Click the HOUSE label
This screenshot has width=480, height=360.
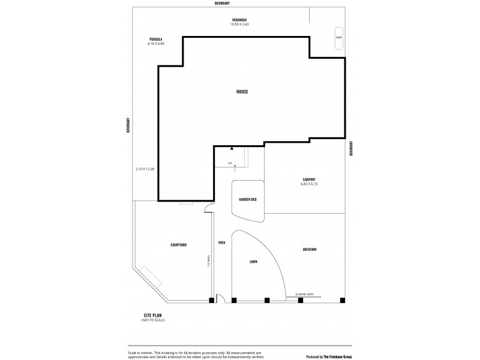click(242, 92)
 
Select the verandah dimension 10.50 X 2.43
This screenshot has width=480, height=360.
click(239, 25)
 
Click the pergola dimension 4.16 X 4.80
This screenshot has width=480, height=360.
click(156, 44)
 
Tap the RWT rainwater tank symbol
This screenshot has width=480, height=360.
click(339, 37)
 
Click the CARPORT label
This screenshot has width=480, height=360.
click(309, 179)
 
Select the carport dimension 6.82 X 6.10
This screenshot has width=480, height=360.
click(309, 184)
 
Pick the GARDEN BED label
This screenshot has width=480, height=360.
click(248, 199)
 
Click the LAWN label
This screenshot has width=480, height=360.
click(253, 262)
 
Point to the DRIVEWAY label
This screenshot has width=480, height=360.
click(310, 249)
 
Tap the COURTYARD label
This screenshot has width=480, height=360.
click(179, 245)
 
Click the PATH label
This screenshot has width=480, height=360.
click(221, 243)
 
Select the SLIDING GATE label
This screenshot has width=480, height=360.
click(304, 294)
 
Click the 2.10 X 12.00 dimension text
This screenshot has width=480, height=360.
click(145, 169)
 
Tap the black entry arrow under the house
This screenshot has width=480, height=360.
click(232, 148)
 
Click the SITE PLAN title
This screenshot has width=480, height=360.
click(153, 315)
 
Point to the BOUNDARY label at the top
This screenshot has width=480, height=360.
click(239, 4)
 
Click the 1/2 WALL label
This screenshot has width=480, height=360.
click(208, 262)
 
